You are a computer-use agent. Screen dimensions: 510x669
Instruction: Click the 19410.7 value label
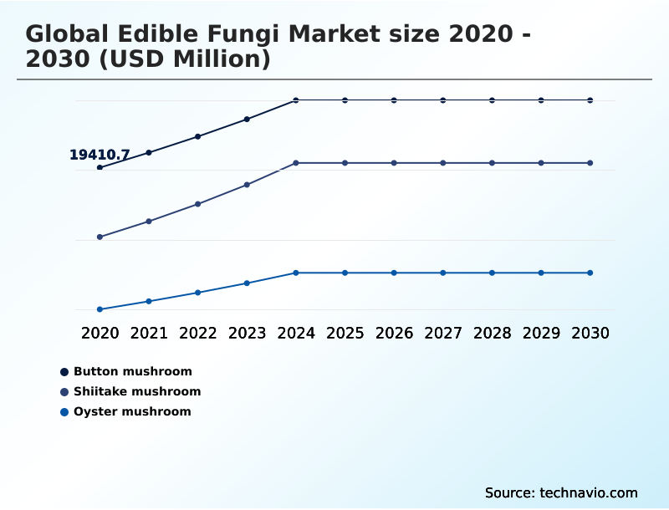click(x=99, y=155)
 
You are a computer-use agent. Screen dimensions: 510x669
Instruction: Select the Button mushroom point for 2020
click(x=100, y=167)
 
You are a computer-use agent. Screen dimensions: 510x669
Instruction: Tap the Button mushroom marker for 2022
click(x=198, y=136)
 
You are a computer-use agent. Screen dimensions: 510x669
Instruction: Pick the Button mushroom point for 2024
click(x=296, y=100)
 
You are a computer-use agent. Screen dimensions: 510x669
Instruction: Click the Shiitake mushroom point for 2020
click(x=100, y=237)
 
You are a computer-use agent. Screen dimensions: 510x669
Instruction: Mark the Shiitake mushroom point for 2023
click(x=247, y=185)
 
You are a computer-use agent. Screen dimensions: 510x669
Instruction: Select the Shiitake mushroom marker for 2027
click(x=443, y=163)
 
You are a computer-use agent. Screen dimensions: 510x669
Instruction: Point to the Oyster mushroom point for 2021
click(x=149, y=301)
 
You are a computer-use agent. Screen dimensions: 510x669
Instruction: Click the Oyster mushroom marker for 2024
click(x=296, y=273)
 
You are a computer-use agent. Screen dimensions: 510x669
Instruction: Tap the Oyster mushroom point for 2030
click(x=590, y=273)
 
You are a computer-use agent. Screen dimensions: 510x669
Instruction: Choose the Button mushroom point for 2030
click(x=590, y=100)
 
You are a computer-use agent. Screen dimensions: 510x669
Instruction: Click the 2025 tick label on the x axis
click(x=345, y=333)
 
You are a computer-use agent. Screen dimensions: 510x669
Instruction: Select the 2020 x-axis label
click(x=100, y=333)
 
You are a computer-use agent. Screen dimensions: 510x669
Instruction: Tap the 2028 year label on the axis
click(x=492, y=333)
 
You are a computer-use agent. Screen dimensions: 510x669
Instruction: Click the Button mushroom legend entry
click(x=132, y=371)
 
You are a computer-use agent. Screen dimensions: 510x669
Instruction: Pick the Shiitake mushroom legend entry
click(x=136, y=391)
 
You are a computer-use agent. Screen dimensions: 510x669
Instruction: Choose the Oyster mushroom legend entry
click(x=131, y=411)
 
